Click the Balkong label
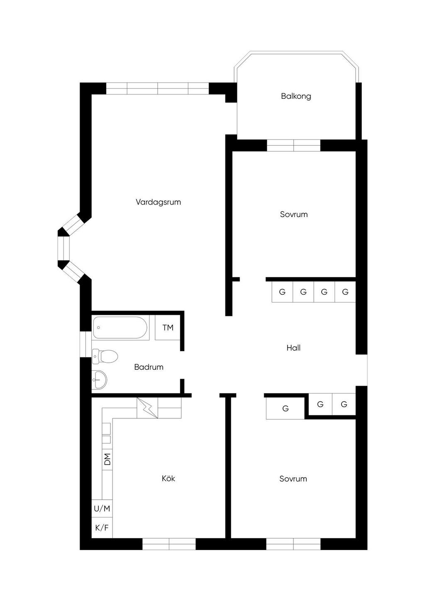coord(296,96)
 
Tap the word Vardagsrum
coord(158,202)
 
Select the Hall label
coord(293,348)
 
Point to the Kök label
coord(168,479)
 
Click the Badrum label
coord(149,367)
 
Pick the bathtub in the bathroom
coord(120,328)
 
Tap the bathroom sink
coord(100,379)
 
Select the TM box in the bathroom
coord(168,328)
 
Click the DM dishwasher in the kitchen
coord(107,459)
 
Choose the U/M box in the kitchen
coord(102,508)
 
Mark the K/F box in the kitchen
coord(102,528)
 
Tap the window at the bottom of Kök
coord(169,544)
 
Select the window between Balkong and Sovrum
coord(293,145)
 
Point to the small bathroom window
coord(86,344)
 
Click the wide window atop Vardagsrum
coord(157,89)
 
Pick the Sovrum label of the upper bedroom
coord(293,215)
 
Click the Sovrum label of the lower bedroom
coord(293,479)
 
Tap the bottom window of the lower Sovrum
coord(293,544)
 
